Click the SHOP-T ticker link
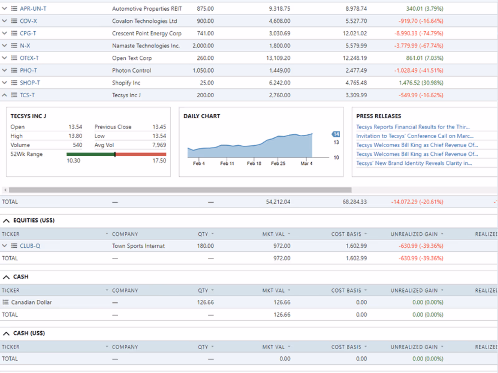tap(30, 83)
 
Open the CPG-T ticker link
tap(28, 33)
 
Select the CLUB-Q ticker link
tap(30, 246)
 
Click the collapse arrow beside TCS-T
tap(5, 95)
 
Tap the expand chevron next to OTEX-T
tap(5, 58)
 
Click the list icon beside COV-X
tap(14, 21)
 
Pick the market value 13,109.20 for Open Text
tap(278, 58)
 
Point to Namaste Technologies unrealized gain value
tap(419, 46)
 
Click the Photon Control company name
tap(132, 71)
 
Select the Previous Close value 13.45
tap(159, 127)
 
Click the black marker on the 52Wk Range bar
tap(115, 154)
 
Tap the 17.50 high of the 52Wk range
tap(159, 161)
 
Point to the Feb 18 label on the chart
tap(254, 163)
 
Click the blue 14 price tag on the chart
tap(336, 134)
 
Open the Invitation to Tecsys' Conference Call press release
tap(415, 136)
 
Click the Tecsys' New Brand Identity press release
tap(414, 163)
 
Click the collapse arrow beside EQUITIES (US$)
tap(6, 220)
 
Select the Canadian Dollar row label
tap(31, 302)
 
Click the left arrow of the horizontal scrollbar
tap(5, 190)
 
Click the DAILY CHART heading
tap(202, 116)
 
